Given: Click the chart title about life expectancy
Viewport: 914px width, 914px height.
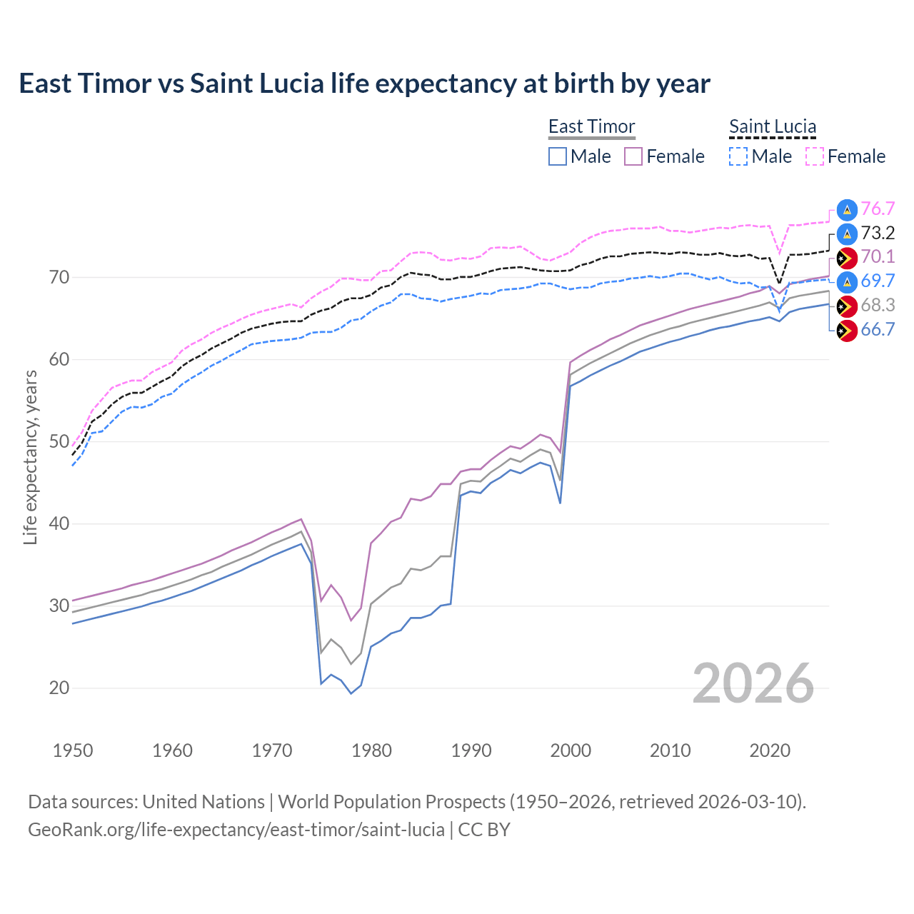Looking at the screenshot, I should click(x=364, y=84).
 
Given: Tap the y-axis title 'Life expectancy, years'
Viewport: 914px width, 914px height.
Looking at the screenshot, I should click(x=30, y=457).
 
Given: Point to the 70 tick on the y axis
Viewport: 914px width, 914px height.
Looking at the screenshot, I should click(x=59, y=277).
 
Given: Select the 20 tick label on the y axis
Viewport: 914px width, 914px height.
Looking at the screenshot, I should click(x=59, y=688).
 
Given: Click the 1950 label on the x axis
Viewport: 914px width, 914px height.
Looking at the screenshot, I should click(x=73, y=750).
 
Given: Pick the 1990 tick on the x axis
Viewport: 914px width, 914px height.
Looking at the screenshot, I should click(x=471, y=750).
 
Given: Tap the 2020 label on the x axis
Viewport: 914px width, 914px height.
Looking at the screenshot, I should click(x=770, y=750).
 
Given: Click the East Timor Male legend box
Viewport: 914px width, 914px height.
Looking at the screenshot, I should click(x=558, y=156).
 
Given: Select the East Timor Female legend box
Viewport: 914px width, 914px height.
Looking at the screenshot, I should click(x=633, y=156).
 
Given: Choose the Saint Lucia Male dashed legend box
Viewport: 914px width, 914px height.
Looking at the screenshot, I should click(x=738, y=156).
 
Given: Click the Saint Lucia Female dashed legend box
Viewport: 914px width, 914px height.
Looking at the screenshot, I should click(x=814, y=156).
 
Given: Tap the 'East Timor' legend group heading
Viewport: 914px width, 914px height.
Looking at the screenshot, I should click(x=591, y=126).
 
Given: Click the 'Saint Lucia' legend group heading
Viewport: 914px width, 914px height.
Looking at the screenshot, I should click(x=773, y=126).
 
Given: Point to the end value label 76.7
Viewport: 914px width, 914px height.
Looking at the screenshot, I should click(x=878, y=209).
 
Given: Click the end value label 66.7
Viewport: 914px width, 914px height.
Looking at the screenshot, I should click(x=878, y=329).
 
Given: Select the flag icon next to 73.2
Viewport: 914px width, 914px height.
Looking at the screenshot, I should click(x=847, y=233).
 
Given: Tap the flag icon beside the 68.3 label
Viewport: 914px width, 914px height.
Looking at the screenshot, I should click(x=847, y=306).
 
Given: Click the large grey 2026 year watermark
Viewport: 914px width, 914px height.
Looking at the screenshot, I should click(x=753, y=683).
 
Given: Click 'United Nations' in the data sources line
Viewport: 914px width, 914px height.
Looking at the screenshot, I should click(x=204, y=802).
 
